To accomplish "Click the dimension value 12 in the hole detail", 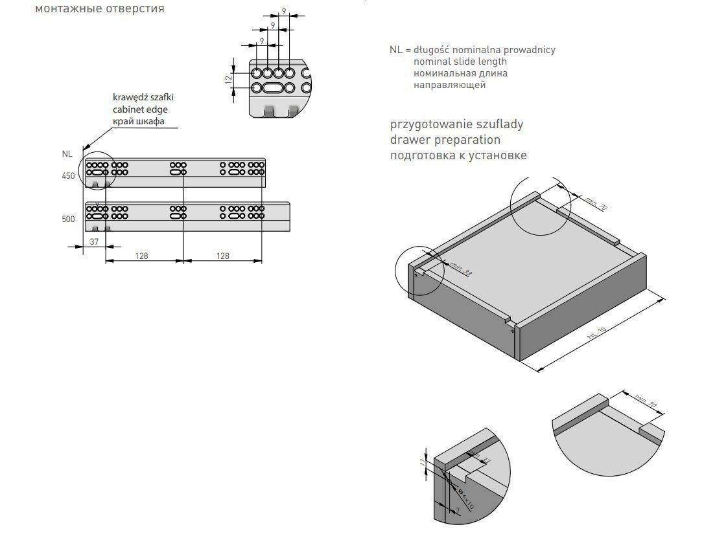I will pos(228,79).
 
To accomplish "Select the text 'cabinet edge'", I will pos(140,109).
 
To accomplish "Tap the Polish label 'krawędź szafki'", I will pos(143,97).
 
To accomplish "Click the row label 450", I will pos(68,176).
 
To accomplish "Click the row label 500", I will pos(68,219).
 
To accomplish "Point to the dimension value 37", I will pos(93,241).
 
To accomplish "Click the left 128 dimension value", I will pos(141,256).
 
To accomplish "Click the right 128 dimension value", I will pos(222,256).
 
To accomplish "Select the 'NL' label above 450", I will pos(67,154).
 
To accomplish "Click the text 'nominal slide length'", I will pos(460,61).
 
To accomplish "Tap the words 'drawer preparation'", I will pos(445,139).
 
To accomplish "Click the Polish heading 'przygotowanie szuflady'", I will pos(456,124).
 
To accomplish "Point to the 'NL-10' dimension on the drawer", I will pos(596,334).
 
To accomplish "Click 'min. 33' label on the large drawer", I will pos(462,270).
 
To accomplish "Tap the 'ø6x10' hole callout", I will pos(465,498).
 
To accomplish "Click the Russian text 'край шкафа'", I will pos(138,122).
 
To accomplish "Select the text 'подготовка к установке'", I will pos(458,155).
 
